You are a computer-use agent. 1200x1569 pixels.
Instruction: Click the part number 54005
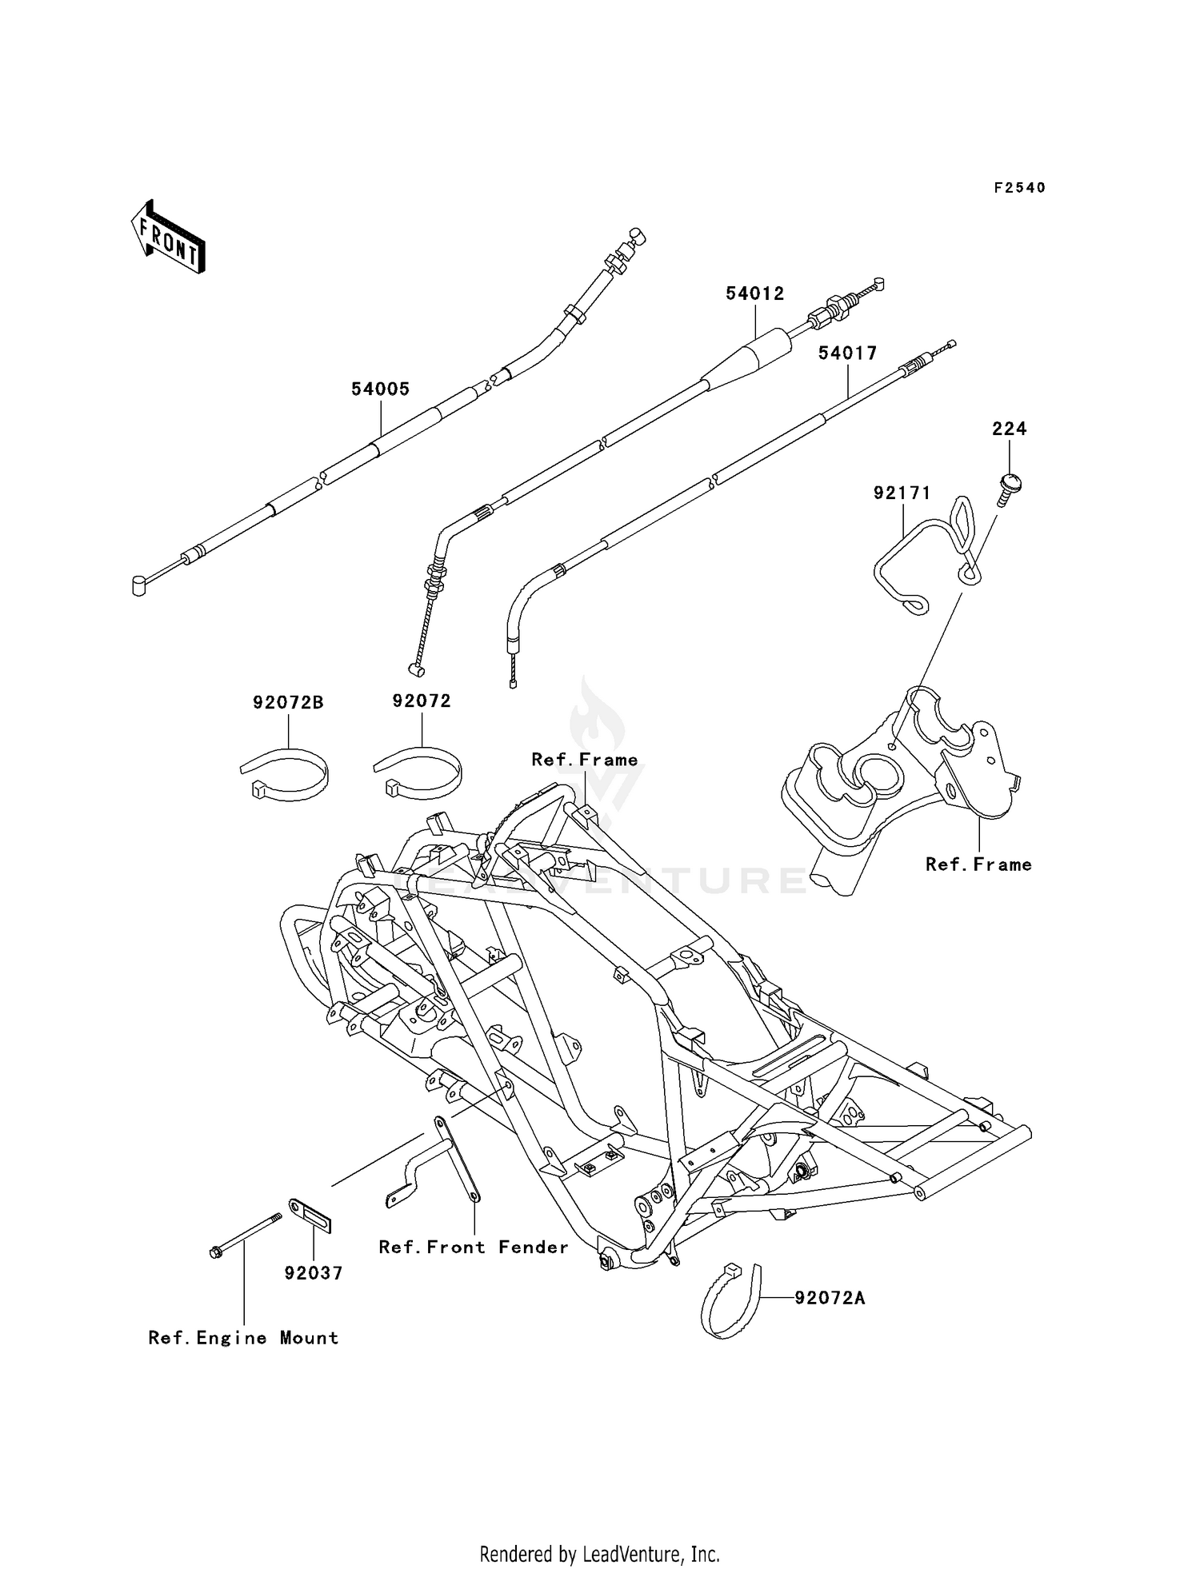[x=380, y=389]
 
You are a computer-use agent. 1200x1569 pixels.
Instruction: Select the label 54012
[x=754, y=293]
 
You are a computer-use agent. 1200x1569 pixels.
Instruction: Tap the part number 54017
[x=847, y=353]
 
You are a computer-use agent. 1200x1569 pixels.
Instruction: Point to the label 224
[x=1009, y=429]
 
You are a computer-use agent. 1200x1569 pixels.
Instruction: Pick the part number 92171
[x=902, y=493]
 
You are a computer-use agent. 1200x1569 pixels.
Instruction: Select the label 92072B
[x=288, y=703]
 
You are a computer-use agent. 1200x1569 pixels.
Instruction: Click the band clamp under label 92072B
[x=286, y=774]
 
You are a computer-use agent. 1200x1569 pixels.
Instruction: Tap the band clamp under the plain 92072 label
[x=419, y=773]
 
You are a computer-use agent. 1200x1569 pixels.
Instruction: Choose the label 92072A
[x=830, y=1298]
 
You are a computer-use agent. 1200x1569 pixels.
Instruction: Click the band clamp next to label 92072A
[x=729, y=1300]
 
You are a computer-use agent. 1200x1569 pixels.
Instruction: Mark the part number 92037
[x=313, y=1272]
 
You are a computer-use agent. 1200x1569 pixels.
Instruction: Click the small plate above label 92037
[x=310, y=1216]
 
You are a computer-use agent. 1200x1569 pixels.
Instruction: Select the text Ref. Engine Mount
[x=243, y=1338]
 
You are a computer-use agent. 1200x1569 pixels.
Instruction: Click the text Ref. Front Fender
[x=474, y=1248]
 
